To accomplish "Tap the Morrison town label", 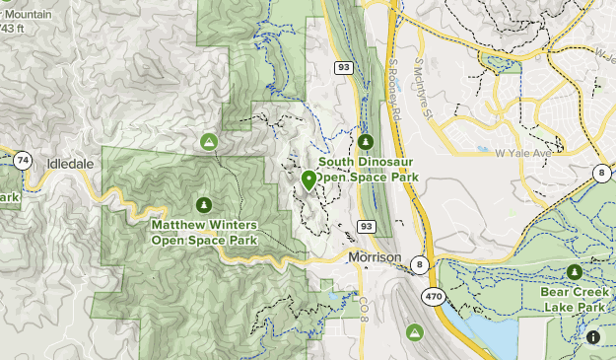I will pyautogui.click(x=375, y=257).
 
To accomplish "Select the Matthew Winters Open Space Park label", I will pyautogui.click(x=204, y=232).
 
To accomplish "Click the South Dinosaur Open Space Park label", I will pyautogui.click(x=369, y=170).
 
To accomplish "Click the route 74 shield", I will pyautogui.click(x=23, y=160).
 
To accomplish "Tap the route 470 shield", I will pyautogui.click(x=434, y=295).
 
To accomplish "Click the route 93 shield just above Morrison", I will pyautogui.click(x=367, y=227).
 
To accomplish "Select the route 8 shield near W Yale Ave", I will pyautogui.click(x=600, y=174).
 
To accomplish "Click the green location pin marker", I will pyautogui.click(x=308, y=180).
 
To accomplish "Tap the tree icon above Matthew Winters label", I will pyautogui.click(x=204, y=205).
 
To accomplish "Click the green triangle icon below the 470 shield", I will pyautogui.click(x=418, y=331).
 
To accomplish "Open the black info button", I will pyautogui.click(x=594, y=338).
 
